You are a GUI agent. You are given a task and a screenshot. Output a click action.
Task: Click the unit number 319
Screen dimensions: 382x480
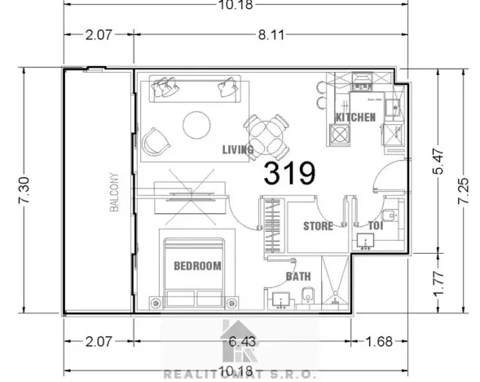[289, 174]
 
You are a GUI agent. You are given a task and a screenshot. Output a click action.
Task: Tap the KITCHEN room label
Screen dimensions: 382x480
[355, 118]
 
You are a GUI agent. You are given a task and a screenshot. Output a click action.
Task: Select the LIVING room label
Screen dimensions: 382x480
[238, 150]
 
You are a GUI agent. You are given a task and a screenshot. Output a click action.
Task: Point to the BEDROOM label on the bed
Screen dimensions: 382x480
[198, 266]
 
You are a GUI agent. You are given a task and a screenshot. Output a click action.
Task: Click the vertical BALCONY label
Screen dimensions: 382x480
[115, 193]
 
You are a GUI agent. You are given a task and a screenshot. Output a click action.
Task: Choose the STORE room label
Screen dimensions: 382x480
[318, 226]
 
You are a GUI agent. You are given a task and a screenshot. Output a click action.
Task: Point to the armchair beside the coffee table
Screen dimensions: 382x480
[153, 142]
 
